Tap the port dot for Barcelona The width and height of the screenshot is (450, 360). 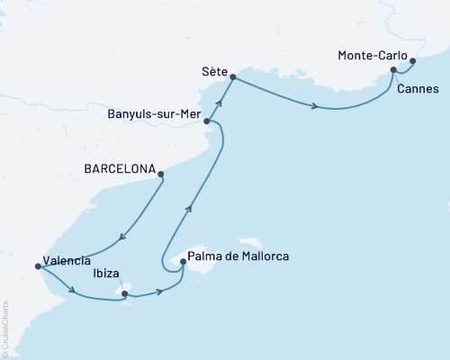[161, 175]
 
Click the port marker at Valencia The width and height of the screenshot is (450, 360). [37, 266]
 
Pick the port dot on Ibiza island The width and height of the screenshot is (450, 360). [125, 292]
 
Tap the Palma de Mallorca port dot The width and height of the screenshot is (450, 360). [184, 263]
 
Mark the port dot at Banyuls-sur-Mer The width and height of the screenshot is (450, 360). [207, 121]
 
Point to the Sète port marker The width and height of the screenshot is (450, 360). [233, 77]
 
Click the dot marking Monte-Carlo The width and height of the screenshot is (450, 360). [413, 62]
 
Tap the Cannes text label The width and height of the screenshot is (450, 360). [417, 89]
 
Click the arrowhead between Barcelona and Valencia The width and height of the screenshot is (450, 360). [122, 238]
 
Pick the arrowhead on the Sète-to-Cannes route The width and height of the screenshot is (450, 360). [315, 107]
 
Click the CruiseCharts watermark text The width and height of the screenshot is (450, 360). [7, 328]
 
